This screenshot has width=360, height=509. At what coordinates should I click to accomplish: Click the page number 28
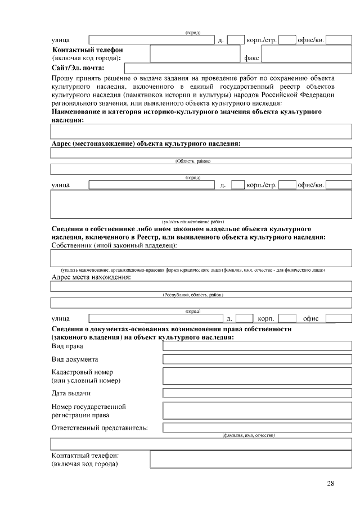[330, 484]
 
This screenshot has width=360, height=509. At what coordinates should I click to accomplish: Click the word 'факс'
[251, 58]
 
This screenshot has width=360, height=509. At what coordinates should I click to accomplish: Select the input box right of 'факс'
[306, 54]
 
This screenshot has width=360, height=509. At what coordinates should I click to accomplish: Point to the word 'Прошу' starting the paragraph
[61, 78]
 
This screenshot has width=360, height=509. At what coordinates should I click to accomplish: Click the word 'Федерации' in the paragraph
[317, 95]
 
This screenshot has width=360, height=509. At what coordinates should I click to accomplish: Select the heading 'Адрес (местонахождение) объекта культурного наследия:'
[146, 144]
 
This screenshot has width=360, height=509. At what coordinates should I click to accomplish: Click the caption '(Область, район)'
[193, 161]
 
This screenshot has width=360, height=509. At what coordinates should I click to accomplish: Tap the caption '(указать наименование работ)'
[193, 222]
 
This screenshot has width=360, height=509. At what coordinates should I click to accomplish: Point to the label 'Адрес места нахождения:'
[91, 277]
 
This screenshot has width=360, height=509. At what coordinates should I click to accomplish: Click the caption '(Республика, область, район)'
[193, 295]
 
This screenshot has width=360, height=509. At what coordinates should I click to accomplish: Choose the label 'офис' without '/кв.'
[310, 319]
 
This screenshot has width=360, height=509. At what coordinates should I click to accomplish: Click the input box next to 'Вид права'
[256, 346]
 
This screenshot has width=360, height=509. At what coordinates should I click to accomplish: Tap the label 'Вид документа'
[75, 359]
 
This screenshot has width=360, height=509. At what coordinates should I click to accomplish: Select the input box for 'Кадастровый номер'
[256, 376]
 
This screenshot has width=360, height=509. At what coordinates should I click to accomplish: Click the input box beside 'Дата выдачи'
[256, 393]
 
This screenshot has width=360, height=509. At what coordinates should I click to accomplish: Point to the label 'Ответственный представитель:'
[100, 428]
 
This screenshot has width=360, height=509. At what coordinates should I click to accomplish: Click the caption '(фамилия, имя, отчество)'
[248, 435]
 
